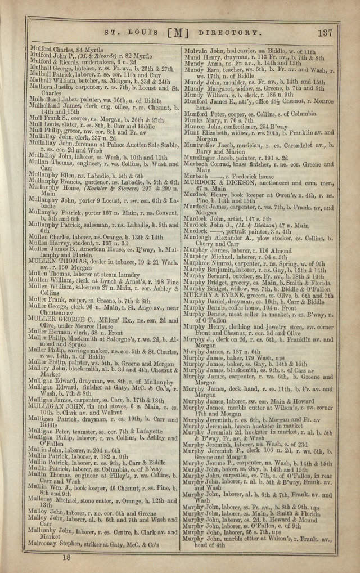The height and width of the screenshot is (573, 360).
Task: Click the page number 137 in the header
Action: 325,33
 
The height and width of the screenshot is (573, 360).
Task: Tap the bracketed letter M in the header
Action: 178,33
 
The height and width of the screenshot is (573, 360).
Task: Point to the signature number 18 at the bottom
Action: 66,557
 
